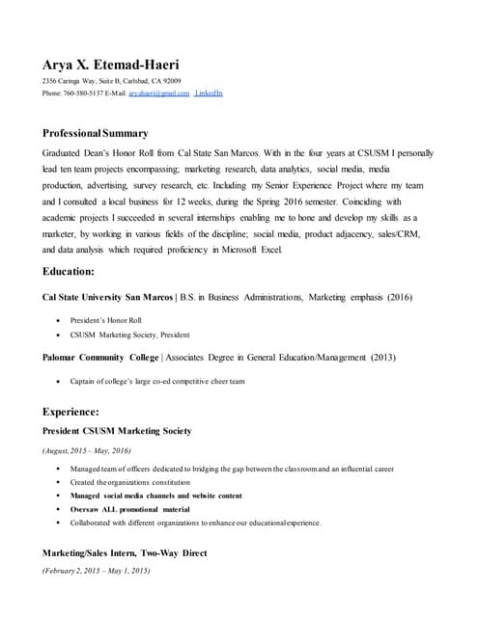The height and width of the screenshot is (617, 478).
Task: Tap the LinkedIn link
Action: [209, 94]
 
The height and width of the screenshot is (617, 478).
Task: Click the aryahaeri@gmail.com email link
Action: [161, 94]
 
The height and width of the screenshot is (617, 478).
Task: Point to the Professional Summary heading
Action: [96, 133]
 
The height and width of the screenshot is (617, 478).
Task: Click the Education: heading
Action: [69, 272]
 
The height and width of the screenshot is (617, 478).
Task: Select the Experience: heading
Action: [70, 412]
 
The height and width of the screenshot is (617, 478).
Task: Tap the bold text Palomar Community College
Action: [100, 358]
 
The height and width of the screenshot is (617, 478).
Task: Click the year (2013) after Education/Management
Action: [381, 358]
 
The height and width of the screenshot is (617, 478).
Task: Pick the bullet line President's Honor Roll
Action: [106, 319]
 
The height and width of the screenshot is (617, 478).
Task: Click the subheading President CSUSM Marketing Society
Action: [117, 430]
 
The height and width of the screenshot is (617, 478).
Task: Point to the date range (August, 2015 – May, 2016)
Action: [87, 450]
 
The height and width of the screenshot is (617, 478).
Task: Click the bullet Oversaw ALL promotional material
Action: [129, 509]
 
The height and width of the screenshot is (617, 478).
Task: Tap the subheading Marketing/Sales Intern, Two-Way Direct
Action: [125, 553]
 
